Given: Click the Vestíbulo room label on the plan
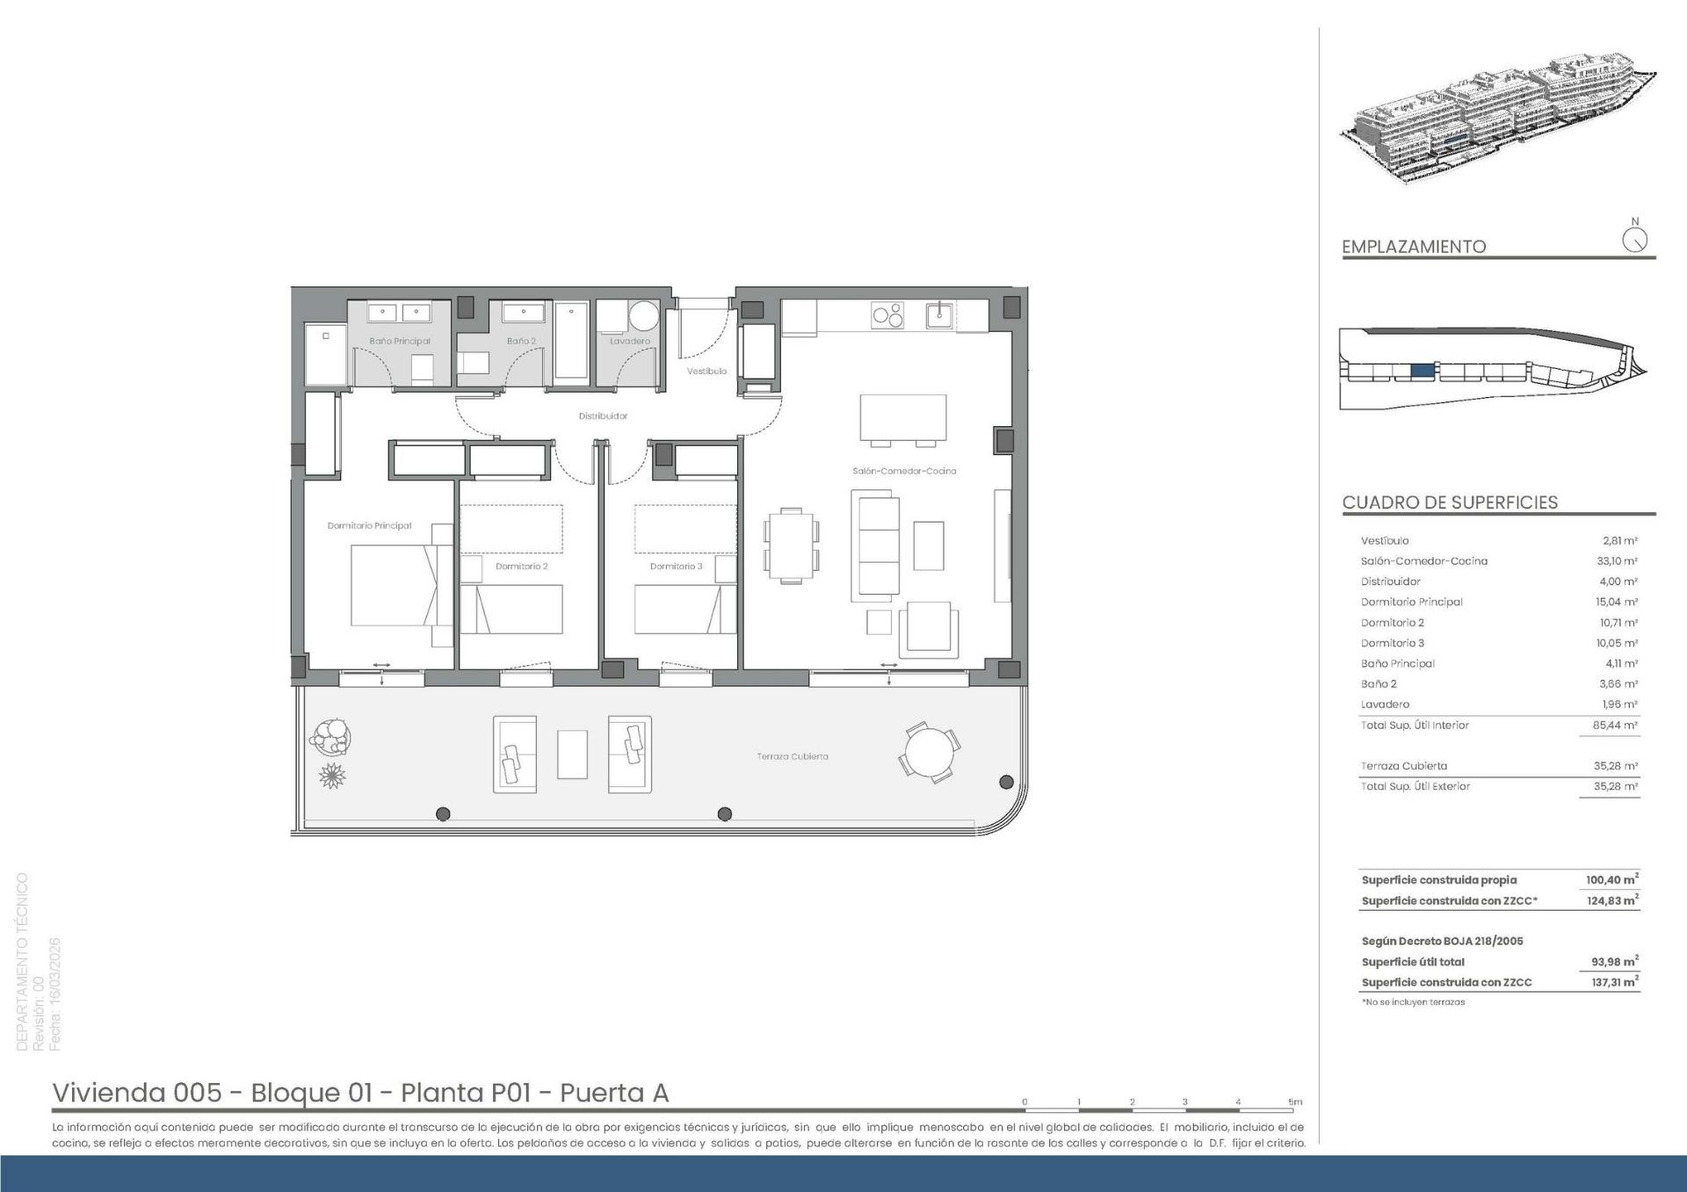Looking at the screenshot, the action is (x=706, y=371).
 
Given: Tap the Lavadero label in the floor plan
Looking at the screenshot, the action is (x=630, y=341).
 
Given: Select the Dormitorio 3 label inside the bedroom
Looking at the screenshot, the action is (x=676, y=567).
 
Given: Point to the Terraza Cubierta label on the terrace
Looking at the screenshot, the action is (x=793, y=756).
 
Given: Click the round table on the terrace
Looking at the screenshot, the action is (x=930, y=752).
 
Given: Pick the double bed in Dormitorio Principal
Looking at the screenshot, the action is (x=402, y=585).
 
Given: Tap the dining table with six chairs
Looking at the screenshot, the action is (x=791, y=545).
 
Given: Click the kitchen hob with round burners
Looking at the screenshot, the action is (x=887, y=314).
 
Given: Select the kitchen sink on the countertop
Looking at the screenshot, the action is (x=940, y=314).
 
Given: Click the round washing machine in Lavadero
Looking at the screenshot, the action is (x=644, y=316).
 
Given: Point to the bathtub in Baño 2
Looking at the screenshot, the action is (x=571, y=341).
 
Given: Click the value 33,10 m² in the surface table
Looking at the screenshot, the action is (x=1617, y=560).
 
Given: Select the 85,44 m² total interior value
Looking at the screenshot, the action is (x=1617, y=726).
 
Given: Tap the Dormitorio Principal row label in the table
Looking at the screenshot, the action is (x=1412, y=602).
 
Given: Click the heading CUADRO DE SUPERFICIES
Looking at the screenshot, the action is (x=1450, y=502).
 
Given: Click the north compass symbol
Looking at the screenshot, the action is (x=1635, y=239).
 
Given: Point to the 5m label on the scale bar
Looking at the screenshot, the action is (x=1295, y=1102).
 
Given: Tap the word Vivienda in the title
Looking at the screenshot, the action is (x=109, y=1093).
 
